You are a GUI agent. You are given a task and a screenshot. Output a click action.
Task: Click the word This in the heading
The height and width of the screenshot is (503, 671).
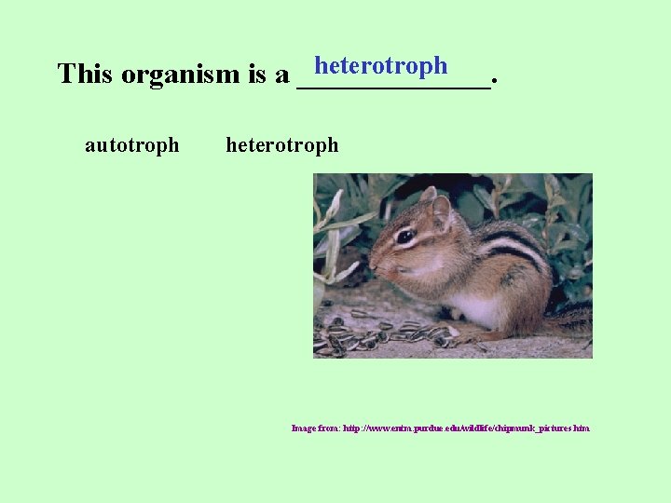click(85, 75)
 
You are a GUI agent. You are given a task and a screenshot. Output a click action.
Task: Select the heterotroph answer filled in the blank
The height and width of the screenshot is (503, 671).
click(380, 66)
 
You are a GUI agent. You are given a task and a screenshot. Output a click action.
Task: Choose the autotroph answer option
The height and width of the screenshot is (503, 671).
click(131, 145)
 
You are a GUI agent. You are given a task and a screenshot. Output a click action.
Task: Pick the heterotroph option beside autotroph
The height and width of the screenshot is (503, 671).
click(282, 145)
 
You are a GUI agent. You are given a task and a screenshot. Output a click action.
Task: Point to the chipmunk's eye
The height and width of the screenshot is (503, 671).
click(404, 238)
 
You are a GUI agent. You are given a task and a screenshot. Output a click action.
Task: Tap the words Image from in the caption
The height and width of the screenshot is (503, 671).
click(315, 428)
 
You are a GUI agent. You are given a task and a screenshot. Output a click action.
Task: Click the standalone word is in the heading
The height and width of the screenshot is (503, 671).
click(258, 75)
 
